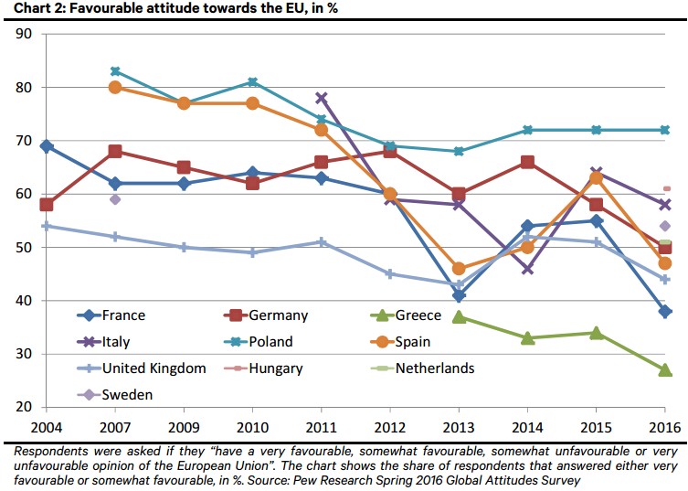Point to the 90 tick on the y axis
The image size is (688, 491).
pyautogui.click(x=26, y=34)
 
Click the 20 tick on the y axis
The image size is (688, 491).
pyautogui.click(x=26, y=407)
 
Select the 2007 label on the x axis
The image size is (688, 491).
pyautogui.click(x=115, y=427)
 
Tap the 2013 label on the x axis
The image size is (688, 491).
pyautogui.click(x=459, y=427)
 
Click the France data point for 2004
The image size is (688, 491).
pyautogui.click(x=47, y=146)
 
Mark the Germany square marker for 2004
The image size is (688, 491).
pyautogui.click(x=47, y=205)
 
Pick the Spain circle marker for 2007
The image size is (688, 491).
pyautogui.click(x=115, y=88)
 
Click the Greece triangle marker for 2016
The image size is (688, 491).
pyautogui.click(x=665, y=369)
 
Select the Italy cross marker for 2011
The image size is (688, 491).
pyautogui.click(x=322, y=98)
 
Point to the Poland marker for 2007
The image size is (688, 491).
pyautogui.click(x=115, y=71)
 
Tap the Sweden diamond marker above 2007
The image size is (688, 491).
pyautogui.click(x=115, y=199)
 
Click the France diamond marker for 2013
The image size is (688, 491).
pyautogui.click(x=459, y=295)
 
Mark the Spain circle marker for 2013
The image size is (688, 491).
pyautogui.click(x=459, y=269)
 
